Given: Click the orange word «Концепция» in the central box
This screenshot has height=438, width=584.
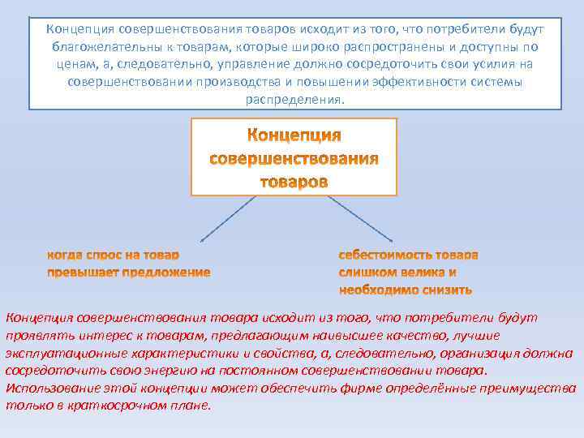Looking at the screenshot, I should pos(294,134).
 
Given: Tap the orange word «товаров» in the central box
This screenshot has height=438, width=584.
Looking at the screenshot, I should pos(294,181).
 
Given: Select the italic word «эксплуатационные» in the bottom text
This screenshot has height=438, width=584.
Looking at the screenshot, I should pos(58,353).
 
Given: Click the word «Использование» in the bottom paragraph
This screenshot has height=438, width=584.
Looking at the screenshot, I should pos(49,389).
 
